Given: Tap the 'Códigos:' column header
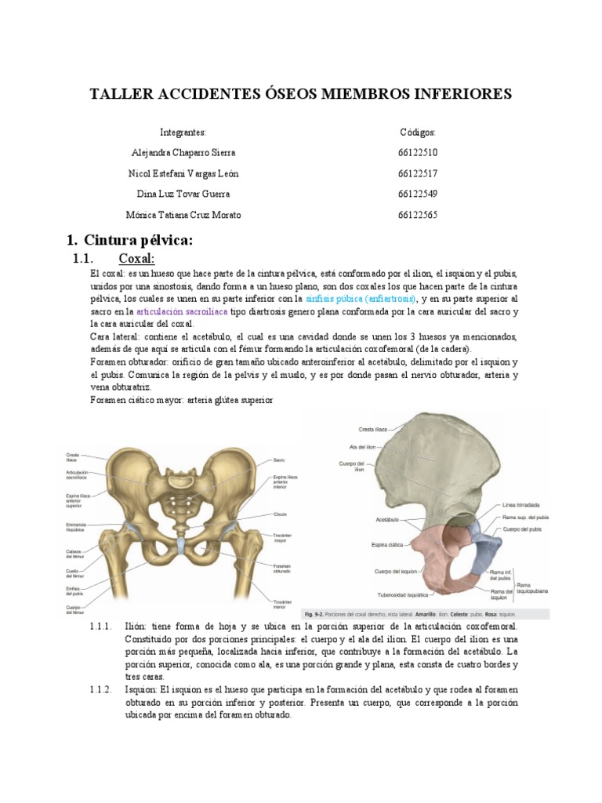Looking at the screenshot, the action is (x=417, y=132).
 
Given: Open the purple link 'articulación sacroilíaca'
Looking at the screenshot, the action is (x=182, y=311).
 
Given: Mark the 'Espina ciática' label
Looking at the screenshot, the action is (x=376, y=543).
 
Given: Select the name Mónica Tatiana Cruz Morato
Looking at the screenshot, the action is (x=183, y=215).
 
